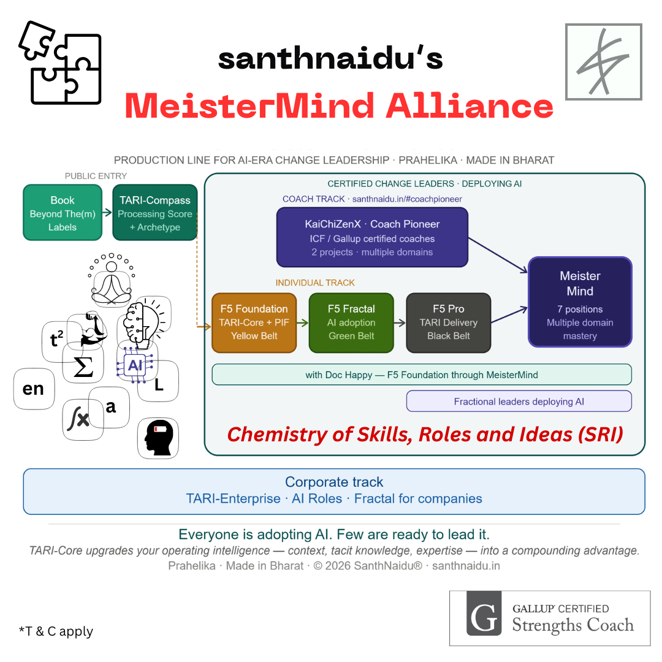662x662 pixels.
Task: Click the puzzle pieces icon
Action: tap(60, 63)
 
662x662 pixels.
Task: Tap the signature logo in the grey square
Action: tap(604, 62)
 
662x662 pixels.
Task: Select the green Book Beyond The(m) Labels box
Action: tap(63, 212)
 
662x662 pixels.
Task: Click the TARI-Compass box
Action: tap(155, 212)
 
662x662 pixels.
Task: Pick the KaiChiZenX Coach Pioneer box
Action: tap(373, 237)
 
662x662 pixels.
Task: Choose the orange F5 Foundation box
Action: tap(254, 322)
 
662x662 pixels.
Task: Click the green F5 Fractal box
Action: tap(351, 322)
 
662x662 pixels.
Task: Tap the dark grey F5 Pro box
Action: tap(448, 322)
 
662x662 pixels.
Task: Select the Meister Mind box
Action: tap(580, 302)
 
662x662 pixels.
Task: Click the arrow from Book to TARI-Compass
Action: tap(107, 212)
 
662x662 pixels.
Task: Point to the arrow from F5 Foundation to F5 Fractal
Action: tap(303, 323)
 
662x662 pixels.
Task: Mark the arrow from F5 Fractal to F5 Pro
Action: tap(400, 323)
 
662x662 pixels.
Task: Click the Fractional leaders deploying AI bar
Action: tap(519, 401)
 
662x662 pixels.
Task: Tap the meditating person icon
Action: tap(112, 279)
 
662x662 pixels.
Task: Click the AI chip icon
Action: tap(135, 365)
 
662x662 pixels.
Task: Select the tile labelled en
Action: tap(34, 389)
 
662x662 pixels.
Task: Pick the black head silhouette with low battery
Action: tap(158, 438)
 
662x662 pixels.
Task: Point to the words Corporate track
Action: tap(334, 482)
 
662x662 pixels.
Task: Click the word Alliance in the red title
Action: tap(470, 106)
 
